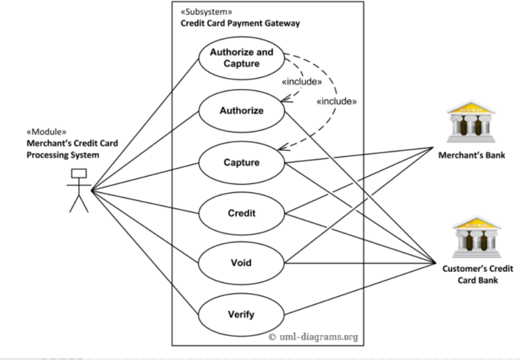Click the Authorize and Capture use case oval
241,58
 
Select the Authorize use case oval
241,110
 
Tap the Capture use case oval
241,162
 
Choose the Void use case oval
241,262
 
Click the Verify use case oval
241,314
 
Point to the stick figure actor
79,190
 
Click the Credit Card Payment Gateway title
240,23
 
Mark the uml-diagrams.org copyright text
313,336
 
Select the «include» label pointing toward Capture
336,101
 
